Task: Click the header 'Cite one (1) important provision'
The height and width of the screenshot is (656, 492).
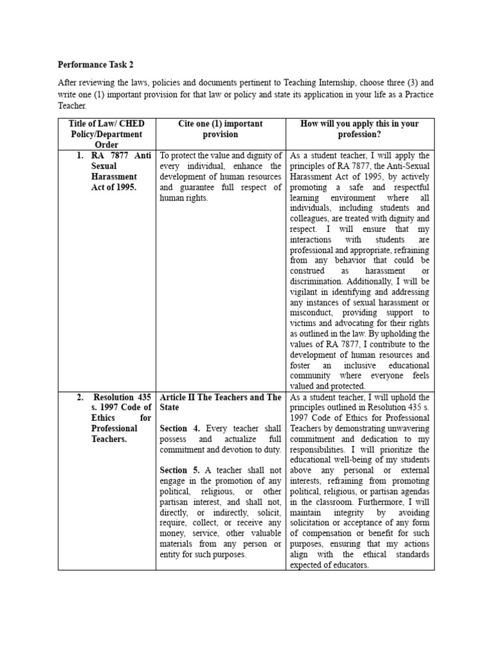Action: (220, 129)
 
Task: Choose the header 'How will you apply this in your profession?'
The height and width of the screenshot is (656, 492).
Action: (359, 129)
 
